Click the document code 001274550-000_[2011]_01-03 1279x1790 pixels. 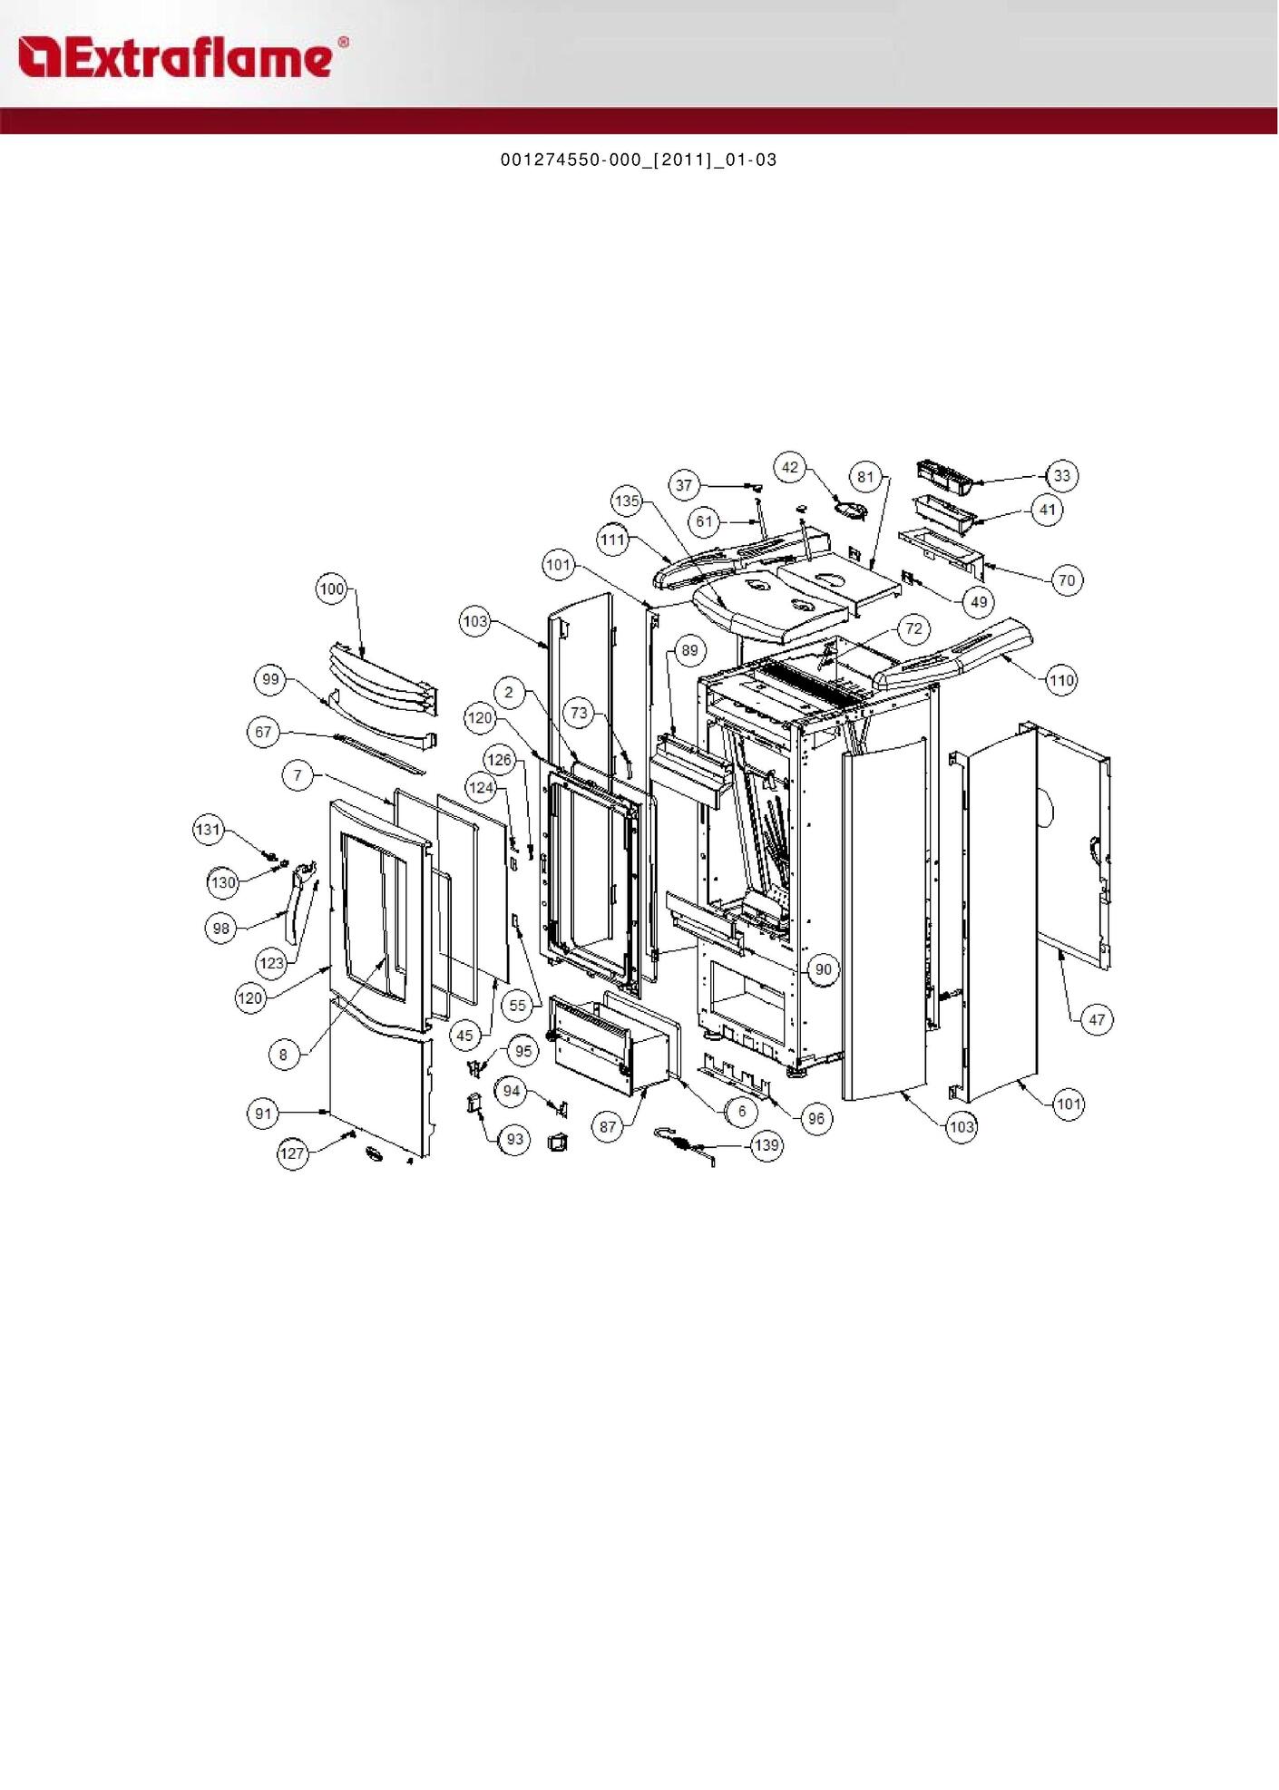pos(639,161)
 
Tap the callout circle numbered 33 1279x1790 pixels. pos(1061,475)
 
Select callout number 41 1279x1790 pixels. pos(1048,510)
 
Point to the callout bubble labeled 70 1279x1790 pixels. pos(1067,580)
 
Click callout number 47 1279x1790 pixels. pos(1097,1020)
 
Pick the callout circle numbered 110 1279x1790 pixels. pos(1061,680)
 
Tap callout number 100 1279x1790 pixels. pos(331,589)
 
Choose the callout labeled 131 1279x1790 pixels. pos(209,830)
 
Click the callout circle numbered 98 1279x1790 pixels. pos(220,929)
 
